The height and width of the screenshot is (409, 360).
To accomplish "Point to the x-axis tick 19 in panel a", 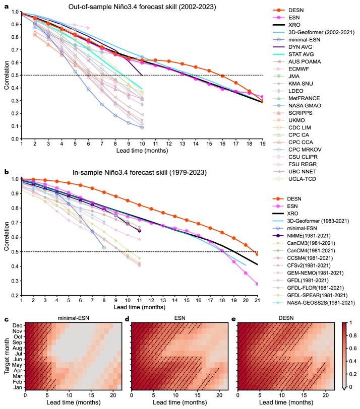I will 262,144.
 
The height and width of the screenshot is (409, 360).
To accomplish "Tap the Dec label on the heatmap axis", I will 18,326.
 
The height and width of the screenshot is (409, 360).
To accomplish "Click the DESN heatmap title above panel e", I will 288,318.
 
